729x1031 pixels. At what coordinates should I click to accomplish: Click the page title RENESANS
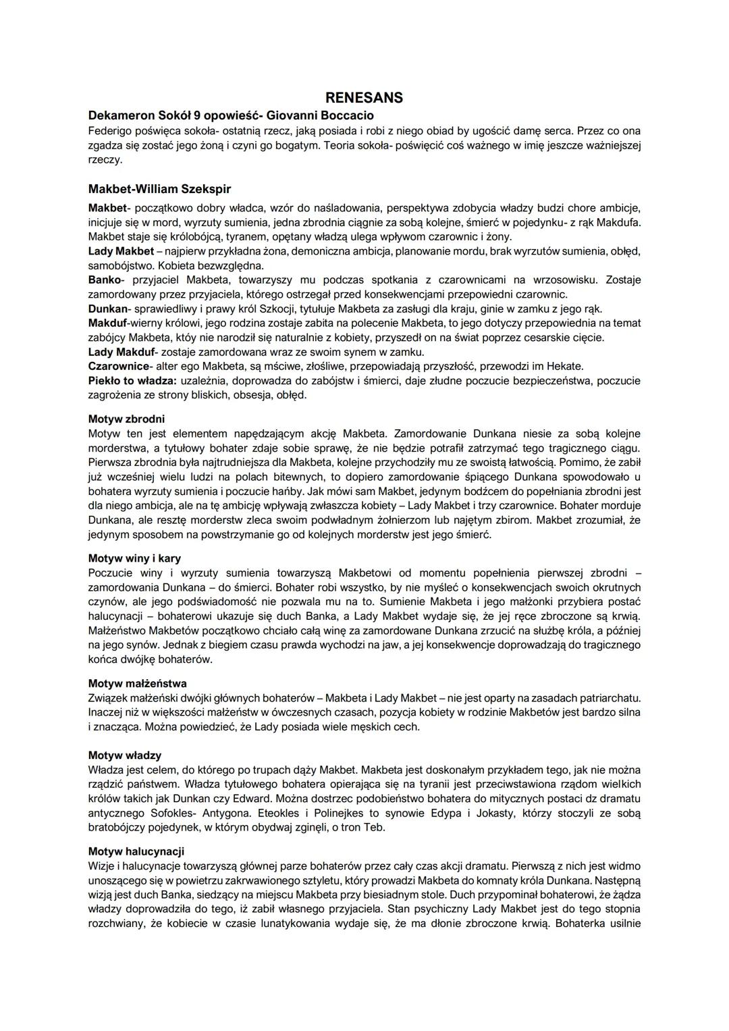pyautogui.click(x=364, y=98)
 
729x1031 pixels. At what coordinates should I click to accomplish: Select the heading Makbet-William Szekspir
pyautogui.click(x=159, y=189)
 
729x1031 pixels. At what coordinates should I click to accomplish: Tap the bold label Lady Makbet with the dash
pyautogui.click(x=122, y=251)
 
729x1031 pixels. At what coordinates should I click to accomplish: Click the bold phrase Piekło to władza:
pyautogui.click(x=132, y=380)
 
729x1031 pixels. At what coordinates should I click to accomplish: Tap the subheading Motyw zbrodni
pyautogui.click(x=126, y=419)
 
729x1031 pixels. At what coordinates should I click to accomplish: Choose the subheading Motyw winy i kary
pyautogui.click(x=134, y=558)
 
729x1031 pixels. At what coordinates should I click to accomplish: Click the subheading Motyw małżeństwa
pyautogui.click(x=138, y=683)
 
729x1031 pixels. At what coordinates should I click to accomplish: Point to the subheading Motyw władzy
pyautogui.click(x=125, y=755)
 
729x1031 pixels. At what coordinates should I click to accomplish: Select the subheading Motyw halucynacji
pyautogui.click(x=136, y=851)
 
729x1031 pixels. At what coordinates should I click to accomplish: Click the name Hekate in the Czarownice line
pyautogui.click(x=566, y=366)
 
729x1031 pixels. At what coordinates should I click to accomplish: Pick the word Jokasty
pyautogui.click(x=496, y=812)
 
